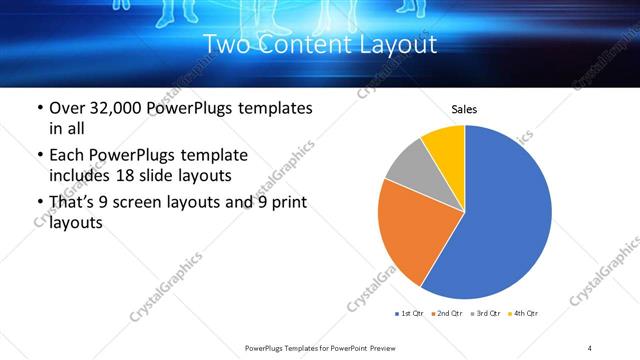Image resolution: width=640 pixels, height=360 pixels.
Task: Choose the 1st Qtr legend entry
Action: [411, 314]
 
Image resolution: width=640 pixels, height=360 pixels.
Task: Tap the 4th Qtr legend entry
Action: [523, 314]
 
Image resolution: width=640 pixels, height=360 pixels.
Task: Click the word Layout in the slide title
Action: [396, 45]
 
